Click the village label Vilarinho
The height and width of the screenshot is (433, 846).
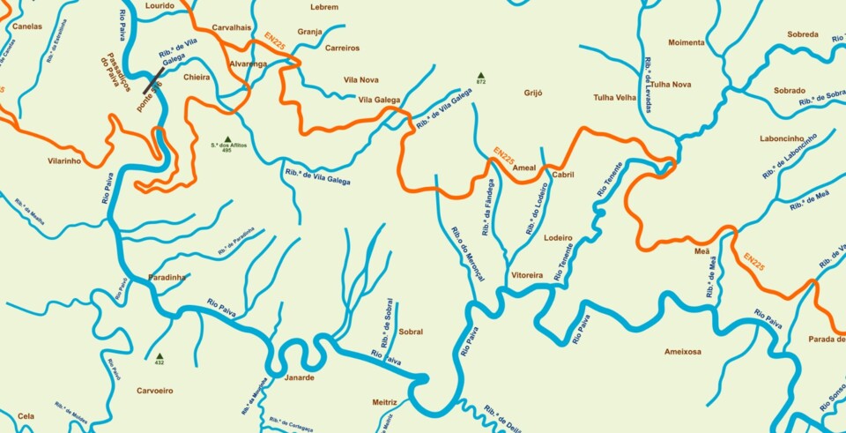(x=64, y=161)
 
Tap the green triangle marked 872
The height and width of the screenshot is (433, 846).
(x=480, y=75)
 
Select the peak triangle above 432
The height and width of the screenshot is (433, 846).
(x=160, y=355)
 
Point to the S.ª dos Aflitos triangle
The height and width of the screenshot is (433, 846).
(x=227, y=139)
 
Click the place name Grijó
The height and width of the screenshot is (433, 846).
(x=533, y=93)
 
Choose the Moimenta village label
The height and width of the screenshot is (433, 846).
(x=686, y=42)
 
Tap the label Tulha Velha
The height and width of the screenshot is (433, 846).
(x=615, y=97)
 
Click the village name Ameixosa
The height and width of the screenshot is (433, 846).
(x=683, y=351)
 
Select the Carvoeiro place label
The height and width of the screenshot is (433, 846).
(x=155, y=390)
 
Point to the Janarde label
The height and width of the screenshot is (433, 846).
(x=300, y=377)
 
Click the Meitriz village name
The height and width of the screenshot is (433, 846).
(x=385, y=402)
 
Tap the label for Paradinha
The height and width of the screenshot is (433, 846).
(x=167, y=277)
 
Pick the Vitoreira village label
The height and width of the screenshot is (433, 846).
(x=527, y=275)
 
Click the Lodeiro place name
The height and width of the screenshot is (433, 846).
(x=559, y=238)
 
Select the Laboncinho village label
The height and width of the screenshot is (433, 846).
(x=782, y=138)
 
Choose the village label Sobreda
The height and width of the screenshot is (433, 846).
(x=802, y=35)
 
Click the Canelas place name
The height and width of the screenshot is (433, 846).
(x=27, y=26)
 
